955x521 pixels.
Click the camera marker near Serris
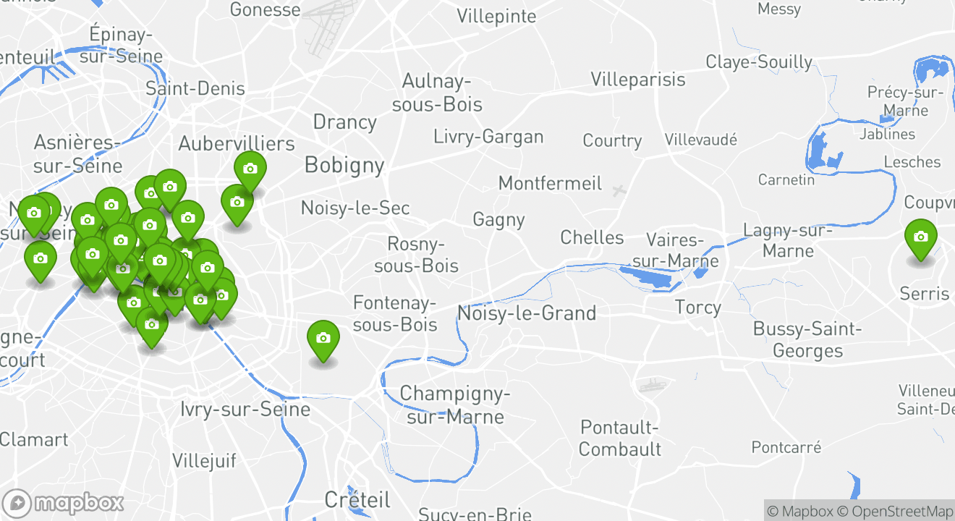[920, 238]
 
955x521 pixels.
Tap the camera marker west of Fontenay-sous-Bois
[323, 339]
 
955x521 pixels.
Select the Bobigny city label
[344, 165]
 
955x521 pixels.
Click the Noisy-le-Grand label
[527, 313]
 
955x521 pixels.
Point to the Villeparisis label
[638, 79]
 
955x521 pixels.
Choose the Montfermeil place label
[550, 183]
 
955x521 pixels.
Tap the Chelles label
[592, 237]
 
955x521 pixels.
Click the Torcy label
[697, 308]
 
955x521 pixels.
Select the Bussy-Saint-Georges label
[807, 340]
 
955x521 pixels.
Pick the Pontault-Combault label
[620, 438]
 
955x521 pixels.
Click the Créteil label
[357, 499]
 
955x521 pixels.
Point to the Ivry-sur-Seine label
[245, 410]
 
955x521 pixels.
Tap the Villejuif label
[205, 461]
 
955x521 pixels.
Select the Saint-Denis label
[195, 89]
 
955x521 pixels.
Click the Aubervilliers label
[237, 143]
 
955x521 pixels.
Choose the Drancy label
[344, 122]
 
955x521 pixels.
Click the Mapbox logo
[63, 503]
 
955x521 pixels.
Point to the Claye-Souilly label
[759, 62]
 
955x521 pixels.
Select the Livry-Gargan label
[488, 137]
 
